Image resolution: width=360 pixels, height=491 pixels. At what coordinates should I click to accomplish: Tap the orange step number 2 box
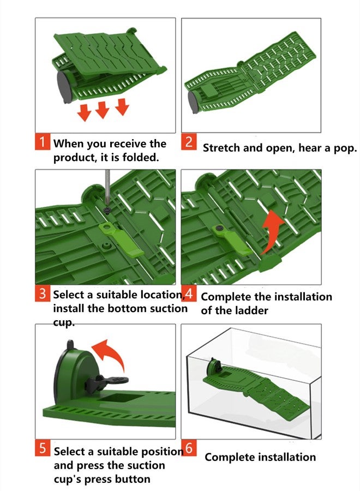[x=189, y=141]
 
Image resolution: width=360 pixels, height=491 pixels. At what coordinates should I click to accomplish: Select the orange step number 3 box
[x=43, y=294]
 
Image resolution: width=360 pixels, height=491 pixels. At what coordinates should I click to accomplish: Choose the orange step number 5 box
[x=43, y=448]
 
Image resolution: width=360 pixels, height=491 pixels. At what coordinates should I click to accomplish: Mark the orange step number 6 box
[x=189, y=448]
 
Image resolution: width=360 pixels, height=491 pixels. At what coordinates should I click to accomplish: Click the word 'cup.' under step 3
[x=64, y=322]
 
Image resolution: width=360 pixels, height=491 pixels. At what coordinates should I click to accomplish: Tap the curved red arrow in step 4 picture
[x=271, y=231]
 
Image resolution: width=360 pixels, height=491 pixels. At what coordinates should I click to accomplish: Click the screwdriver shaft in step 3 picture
[x=107, y=188]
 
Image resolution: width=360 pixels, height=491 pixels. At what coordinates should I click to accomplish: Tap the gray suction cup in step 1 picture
[x=64, y=87]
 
